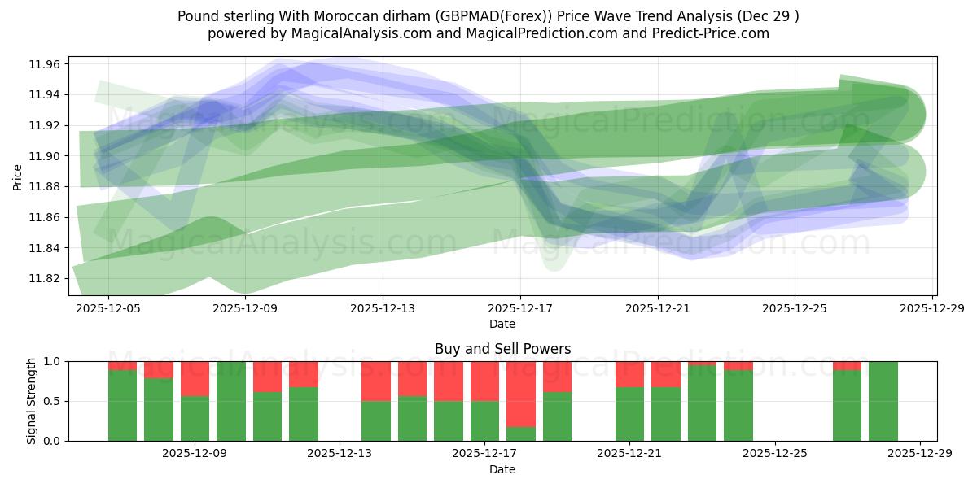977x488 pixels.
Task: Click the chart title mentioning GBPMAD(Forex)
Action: tap(488, 15)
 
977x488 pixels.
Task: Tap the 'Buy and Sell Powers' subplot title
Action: tap(502, 349)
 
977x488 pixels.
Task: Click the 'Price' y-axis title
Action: tap(18, 176)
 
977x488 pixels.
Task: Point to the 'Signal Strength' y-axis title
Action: tap(33, 401)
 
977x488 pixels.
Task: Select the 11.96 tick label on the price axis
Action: tap(46, 64)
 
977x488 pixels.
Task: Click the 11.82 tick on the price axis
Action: tap(46, 278)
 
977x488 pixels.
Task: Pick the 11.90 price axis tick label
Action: tap(46, 156)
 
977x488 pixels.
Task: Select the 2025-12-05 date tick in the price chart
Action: tap(109, 309)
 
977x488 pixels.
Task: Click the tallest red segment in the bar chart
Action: tap(521, 394)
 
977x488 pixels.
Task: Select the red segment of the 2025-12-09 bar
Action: tap(195, 378)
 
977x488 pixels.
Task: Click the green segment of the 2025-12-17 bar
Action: tap(484, 420)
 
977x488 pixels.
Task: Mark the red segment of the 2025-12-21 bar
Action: tap(629, 373)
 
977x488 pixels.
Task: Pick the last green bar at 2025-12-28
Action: tap(883, 401)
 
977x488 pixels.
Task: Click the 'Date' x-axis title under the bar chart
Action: tap(502, 469)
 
